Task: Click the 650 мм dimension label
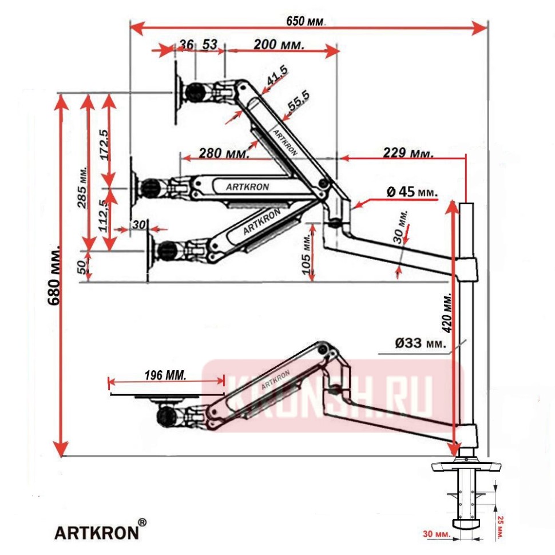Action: coord(306,21)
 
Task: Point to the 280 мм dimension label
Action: coord(224,153)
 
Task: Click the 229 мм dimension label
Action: coord(409,153)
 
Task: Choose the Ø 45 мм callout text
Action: coord(411,192)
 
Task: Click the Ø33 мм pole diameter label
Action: coord(421,343)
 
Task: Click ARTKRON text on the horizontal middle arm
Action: coord(247,187)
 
